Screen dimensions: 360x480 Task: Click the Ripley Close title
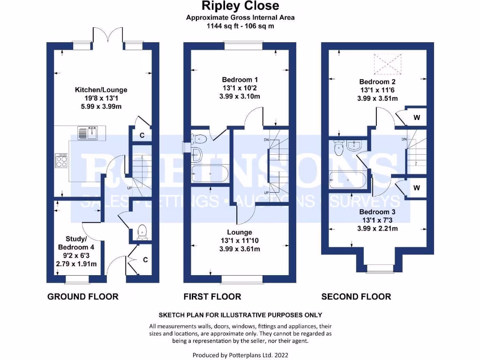[x=240, y=6]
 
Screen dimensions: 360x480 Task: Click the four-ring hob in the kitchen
[x=62, y=161]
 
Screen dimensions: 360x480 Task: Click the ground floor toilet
[x=141, y=232]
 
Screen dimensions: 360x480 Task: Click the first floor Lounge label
[x=240, y=240]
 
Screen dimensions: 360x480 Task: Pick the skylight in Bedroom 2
[x=387, y=64]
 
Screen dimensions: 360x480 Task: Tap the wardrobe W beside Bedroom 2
[x=416, y=118]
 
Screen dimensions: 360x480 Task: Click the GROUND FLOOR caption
[x=83, y=296]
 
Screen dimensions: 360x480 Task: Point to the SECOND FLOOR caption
[x=356, y=296]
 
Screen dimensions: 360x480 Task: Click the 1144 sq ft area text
[x=240, y=26]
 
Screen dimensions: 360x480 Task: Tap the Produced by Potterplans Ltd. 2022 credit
[x=240, y=355]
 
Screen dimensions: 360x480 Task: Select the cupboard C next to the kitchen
[x=142, y=136]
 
